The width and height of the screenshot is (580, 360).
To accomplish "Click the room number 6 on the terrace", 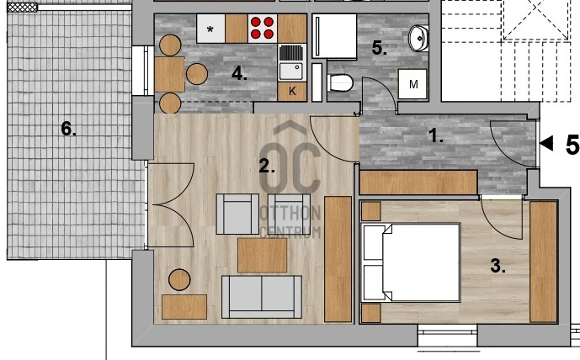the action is coord(68,129).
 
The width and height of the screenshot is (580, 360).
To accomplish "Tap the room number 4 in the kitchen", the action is coord(239,74).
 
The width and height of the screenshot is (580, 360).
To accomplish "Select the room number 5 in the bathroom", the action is coord(379,48).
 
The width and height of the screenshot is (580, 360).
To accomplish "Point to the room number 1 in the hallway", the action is coord(436,136).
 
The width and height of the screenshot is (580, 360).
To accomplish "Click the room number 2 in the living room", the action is coord(267,167).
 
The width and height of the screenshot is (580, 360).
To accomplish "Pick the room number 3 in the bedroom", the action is coord(498,266).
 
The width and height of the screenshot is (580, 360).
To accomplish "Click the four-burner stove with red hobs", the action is coord(263,29).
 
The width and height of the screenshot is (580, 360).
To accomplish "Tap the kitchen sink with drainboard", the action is coord(292,62).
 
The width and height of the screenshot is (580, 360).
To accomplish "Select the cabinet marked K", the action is coord(292,92).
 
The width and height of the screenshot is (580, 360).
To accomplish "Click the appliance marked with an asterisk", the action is coord(210,29).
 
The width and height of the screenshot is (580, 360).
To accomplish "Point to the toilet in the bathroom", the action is coord(340,83).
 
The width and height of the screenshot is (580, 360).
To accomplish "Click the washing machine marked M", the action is coord(412,84).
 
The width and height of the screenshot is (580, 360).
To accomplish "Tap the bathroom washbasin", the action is coord(418,38).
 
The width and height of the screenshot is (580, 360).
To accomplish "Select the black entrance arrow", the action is coord(546,143).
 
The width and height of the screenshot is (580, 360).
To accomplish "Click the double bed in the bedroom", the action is coord(410,262).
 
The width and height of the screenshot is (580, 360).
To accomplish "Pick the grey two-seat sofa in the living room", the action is coord(262,297).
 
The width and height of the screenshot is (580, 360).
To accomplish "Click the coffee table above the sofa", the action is coord(263,256).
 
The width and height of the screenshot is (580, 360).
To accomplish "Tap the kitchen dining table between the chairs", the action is coord(169,74).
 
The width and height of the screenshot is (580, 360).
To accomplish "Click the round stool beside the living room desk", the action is coord(179,280).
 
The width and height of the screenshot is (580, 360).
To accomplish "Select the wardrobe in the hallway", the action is coord(418,183).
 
